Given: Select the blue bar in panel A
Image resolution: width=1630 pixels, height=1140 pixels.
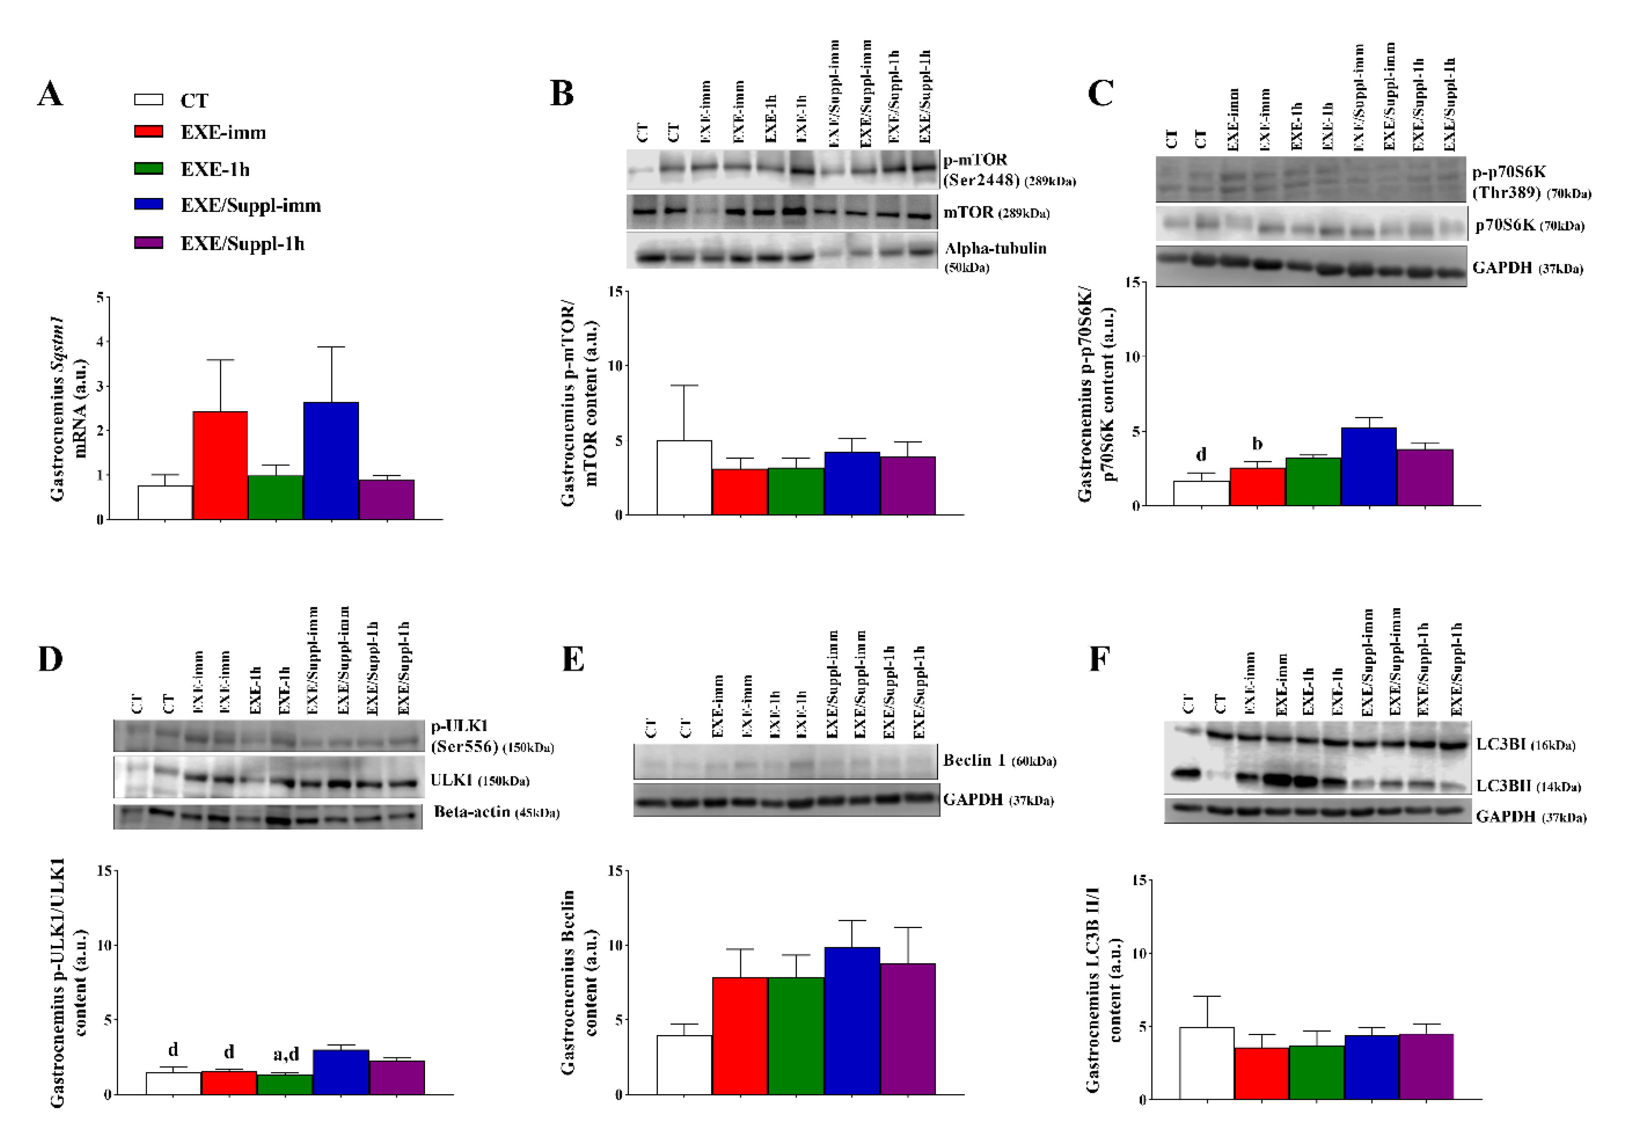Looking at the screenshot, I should [x=331, y=461].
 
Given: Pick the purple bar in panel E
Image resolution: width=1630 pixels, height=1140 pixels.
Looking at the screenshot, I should [x=908, y=1029].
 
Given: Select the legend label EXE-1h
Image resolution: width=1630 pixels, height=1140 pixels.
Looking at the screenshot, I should [x=214, y=169].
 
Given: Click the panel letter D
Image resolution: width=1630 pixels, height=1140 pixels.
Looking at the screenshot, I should [x=51, y=660].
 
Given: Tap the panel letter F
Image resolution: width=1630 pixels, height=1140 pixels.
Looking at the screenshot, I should [x=1099, y=660].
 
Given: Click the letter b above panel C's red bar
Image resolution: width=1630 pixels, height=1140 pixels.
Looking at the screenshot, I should [x=1257, y=444].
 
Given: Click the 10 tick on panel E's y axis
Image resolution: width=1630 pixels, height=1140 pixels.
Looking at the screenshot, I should [x=617, y=945].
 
